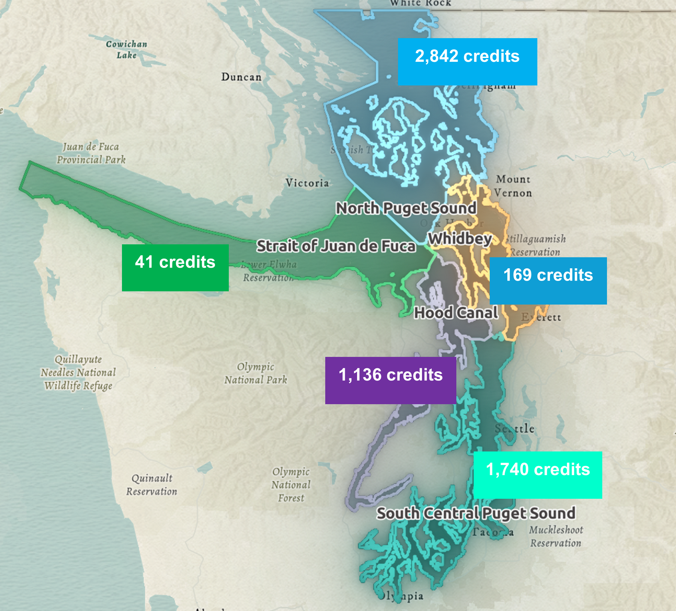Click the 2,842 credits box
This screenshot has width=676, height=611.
[467, 62]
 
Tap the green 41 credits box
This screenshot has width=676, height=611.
[175, 267]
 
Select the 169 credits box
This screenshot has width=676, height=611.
[548, 281]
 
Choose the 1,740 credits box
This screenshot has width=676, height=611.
[538, 475]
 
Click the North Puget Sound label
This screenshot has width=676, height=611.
[406, 208]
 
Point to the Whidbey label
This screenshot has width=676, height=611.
[460, 239]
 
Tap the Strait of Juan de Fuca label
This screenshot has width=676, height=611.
[336, 246]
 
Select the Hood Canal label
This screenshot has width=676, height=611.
[456, 313]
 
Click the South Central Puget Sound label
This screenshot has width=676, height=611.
[476, 513]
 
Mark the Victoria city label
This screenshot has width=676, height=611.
[307, 183]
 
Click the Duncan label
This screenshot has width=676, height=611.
[241, 77]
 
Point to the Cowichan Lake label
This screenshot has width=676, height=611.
[126, 49]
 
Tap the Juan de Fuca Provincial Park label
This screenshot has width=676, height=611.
[91, 153]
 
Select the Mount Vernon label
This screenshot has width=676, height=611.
[513, 186]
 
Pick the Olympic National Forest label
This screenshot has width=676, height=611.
[291, 485]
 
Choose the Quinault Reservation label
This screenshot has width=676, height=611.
[152, 485]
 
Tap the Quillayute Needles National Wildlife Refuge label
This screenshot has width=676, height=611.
[78, 372]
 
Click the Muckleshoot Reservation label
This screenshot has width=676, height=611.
[556, 536]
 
